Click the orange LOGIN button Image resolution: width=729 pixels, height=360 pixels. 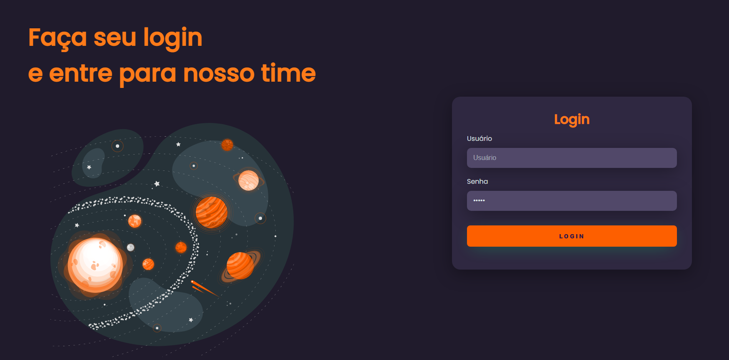[x=572, y=236]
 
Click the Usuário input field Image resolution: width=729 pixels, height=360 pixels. [x=572, y=158]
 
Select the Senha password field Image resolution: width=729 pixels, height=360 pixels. [x=572, y=201]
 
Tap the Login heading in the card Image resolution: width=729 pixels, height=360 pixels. [x=572, y=120]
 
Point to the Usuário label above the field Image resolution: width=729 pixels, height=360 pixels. [x=479, y=138]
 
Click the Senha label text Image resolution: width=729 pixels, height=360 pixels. [x=477, y=181]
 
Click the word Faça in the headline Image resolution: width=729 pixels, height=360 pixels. [x=57, y=37]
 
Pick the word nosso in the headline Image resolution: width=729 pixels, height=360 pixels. [x=218, y=73]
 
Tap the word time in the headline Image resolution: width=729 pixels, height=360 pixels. [x=288, y=73]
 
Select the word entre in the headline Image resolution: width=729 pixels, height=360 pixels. [x=80, y=73]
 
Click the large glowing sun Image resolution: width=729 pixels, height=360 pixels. [x=95, y=265]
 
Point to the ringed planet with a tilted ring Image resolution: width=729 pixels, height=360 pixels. [x=240, y=265]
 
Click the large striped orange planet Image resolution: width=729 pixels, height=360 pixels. [x=211, y=212]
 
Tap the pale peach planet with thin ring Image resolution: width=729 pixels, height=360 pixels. [x=249, y=180]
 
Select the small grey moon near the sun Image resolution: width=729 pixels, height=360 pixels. [x=130, y=247]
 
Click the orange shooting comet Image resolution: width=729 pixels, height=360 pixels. [x=204, y=288]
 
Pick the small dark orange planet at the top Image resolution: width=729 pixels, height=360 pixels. [x=227, y=145]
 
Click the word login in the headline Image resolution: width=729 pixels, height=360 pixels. [x=172, y=37]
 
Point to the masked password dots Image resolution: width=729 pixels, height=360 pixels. [x=479, y=200]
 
